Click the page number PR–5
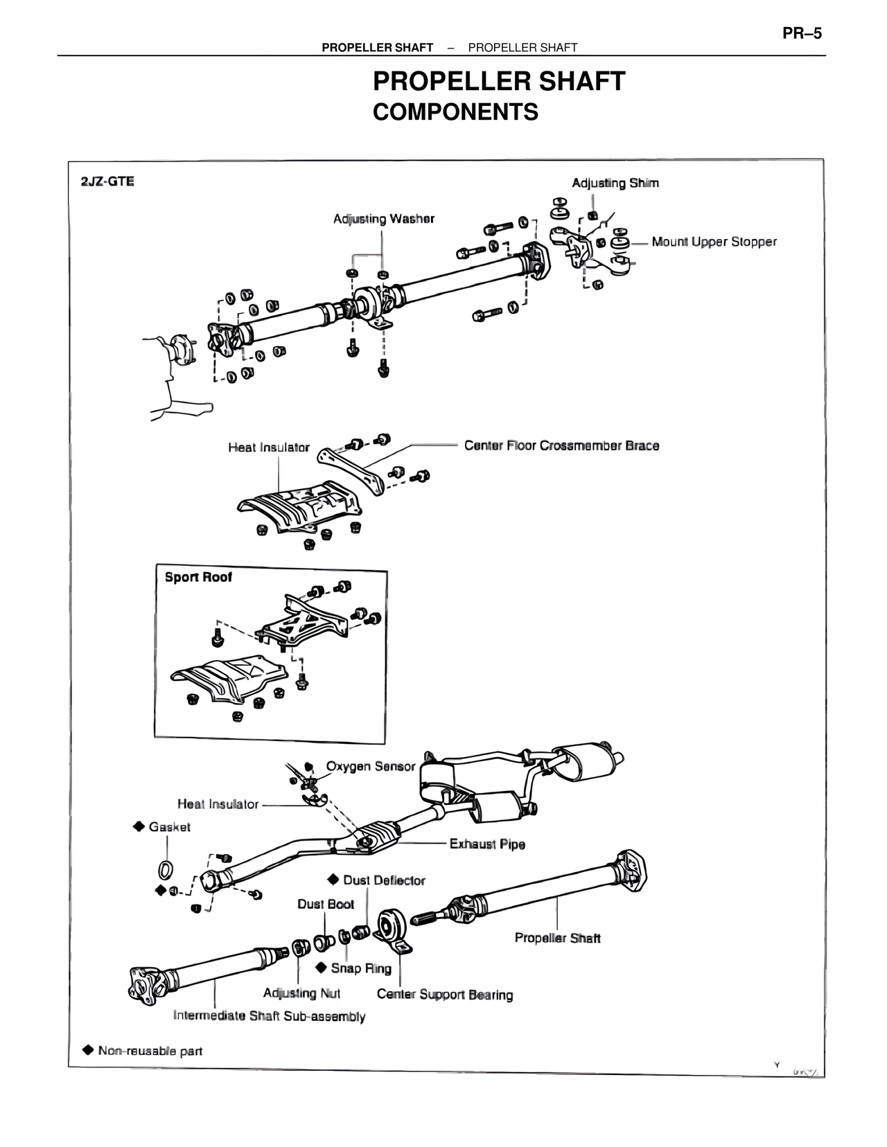coord(802,33)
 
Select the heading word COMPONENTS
coord(455,112)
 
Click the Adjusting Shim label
coord(615,183)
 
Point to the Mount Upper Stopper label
coord(714,242)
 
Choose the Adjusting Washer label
coord(383,219)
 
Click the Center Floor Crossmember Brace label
coord(561,445)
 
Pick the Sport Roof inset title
coord(198,577)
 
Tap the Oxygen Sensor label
coord(370,766)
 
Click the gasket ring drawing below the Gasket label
coord(166,868)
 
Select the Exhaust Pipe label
coord(487,844)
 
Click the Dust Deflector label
coord(384,880)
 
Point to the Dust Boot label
coord(326,904)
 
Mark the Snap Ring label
coord(360,968)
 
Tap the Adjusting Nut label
coord(301,993)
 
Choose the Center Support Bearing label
coord(445,995)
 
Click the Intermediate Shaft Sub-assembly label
coord(269,1016)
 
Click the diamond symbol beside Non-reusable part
coord(87,1050)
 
